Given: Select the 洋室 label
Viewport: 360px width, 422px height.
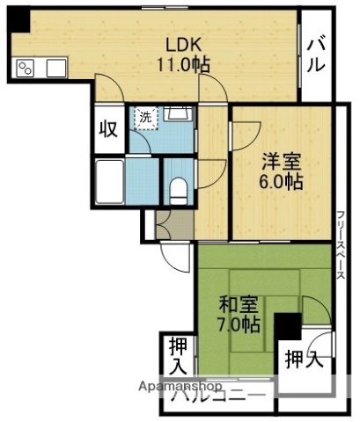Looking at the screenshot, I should [281, 162].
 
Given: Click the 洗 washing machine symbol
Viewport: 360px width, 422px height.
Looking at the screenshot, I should [142, 115].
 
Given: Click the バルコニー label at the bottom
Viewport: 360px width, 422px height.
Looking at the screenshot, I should [220, 396].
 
